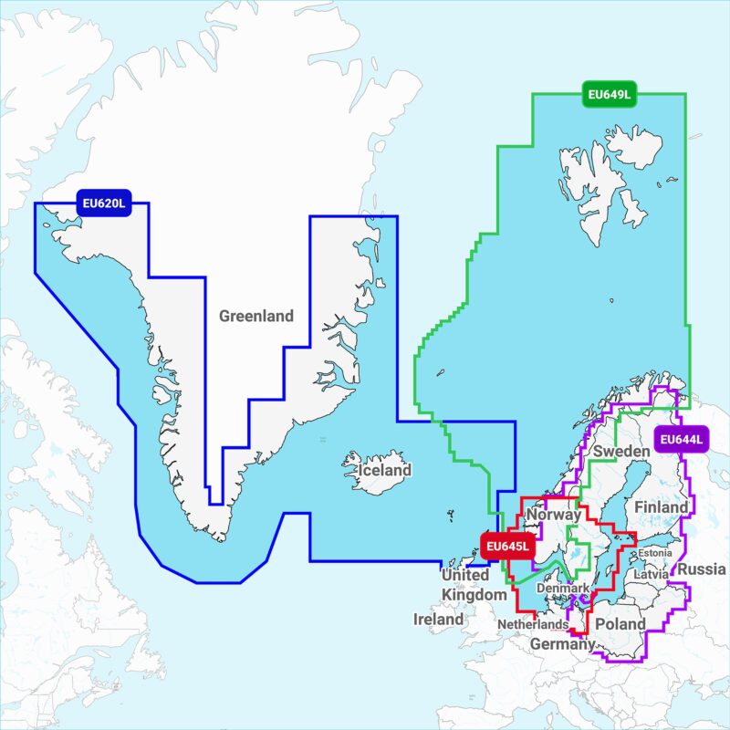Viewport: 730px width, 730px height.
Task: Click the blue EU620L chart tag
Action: pos(103,203)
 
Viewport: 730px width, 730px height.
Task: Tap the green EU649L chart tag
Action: pos(609,93)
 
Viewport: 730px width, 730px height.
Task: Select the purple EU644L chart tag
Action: pos(683,440)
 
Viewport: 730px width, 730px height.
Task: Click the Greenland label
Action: pos(256,316)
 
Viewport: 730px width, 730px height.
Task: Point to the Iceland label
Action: pos(384,471)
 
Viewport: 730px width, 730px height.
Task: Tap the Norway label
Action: pos(554,515)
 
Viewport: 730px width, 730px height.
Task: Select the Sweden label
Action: pos(620,451)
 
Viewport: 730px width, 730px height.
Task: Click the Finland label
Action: pos(662,506)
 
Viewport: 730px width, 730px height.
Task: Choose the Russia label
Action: pos(703,568)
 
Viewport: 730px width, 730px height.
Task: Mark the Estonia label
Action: pos(655,553)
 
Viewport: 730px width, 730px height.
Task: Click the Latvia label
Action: pos(652,575)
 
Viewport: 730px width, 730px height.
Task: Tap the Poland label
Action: pos(620,624)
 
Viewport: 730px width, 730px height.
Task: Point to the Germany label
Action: pos(563,644)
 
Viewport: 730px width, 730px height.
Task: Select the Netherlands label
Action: pos(533,624)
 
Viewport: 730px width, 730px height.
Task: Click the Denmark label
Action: pos(563,589)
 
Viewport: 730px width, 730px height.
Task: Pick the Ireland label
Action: pos(438,619)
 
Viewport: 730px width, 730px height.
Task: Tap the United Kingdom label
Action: pos(473,585)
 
